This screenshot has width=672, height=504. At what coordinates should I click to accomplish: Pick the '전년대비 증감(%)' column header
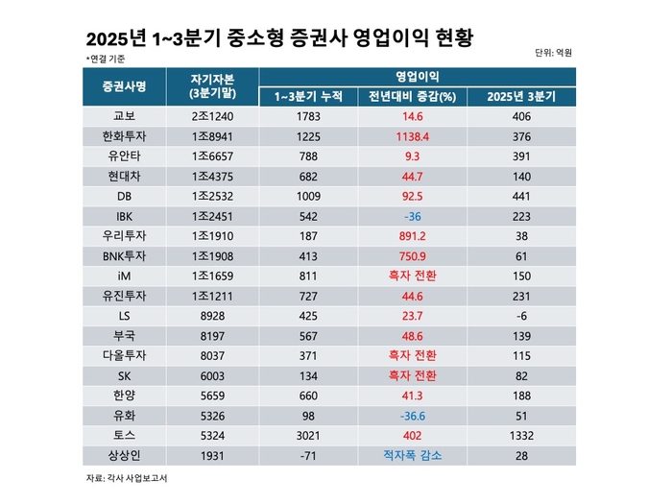tap(412, 96)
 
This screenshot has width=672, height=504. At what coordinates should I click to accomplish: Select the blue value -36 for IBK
tap(412, 215)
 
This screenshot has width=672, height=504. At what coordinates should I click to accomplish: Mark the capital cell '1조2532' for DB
tap(212, 195)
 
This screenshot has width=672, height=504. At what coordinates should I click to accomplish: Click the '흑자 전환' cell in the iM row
tap(412, 275)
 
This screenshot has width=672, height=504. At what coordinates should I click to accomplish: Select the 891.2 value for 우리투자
tap(412, 235)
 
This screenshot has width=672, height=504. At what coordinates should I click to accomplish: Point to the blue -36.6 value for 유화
tap(412, 415)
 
